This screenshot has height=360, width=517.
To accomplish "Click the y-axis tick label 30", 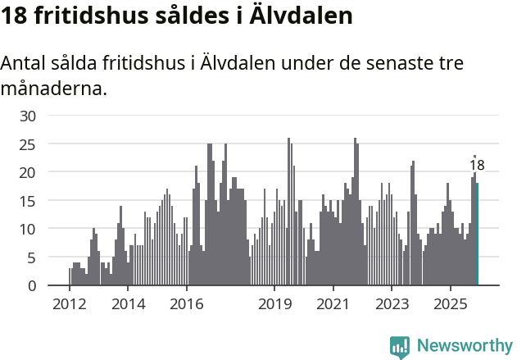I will tap(28, 116).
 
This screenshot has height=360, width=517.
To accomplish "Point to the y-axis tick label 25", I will tap(28, 144).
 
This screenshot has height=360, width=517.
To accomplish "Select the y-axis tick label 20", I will tap(28, 172).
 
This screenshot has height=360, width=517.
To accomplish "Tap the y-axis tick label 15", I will tap(28, 201).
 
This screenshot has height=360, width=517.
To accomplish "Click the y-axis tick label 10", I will tap(28, 229).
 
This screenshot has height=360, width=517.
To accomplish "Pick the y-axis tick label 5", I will tap(32, 257).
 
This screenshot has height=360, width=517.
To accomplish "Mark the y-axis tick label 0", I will tap(32, 285).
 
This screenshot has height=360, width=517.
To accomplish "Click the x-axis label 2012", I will tap(69, 305).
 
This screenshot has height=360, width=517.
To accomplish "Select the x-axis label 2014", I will tap(128, 305).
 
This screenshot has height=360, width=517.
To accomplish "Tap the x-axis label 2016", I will tap(187, 305).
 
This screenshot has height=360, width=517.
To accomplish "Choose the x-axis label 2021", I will tap(333, 305).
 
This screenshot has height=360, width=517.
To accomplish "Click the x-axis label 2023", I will tap(392, 305).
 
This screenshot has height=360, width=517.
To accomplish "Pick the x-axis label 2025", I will tap(451, 305).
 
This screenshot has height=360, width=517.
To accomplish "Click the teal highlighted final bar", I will tap(477, 235).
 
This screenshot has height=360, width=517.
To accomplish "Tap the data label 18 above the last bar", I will tap(477, 166).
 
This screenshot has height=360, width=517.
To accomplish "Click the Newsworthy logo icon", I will tap(400, 347).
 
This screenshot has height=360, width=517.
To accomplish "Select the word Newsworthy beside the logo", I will tap(464, 346).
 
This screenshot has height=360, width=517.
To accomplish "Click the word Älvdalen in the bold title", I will tap(304, 16).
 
